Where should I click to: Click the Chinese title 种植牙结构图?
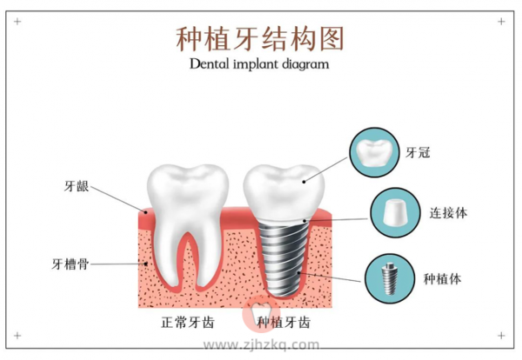[x=259, y=39]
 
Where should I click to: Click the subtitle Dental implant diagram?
[x=259, y=63]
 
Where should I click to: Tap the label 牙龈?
[x=77, y=186]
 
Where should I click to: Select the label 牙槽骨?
[x=70, y=264]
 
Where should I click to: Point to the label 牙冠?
[x=418, y=153]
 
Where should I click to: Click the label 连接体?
[x=448, y=213]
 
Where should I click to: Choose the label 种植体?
[x=443, y=279]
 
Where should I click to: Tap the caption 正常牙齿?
[x=187, y=323]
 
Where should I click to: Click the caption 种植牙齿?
[x=284, y=323]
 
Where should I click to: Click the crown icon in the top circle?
[x=374, y=153]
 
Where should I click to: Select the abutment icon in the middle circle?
[x=395, y=212]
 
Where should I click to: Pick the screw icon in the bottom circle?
[x=389, y=279]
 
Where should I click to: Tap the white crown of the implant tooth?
[x=284, y=192]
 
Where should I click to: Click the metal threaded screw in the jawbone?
[x=284, y=259]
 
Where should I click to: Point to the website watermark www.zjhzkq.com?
[x=261, y=344]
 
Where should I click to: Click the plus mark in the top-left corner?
[x=17, y=22]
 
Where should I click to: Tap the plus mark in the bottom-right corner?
[x=501, y=336]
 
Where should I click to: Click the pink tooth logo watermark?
[x=261, y=313]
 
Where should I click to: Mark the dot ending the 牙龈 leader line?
[x=145, y=211]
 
